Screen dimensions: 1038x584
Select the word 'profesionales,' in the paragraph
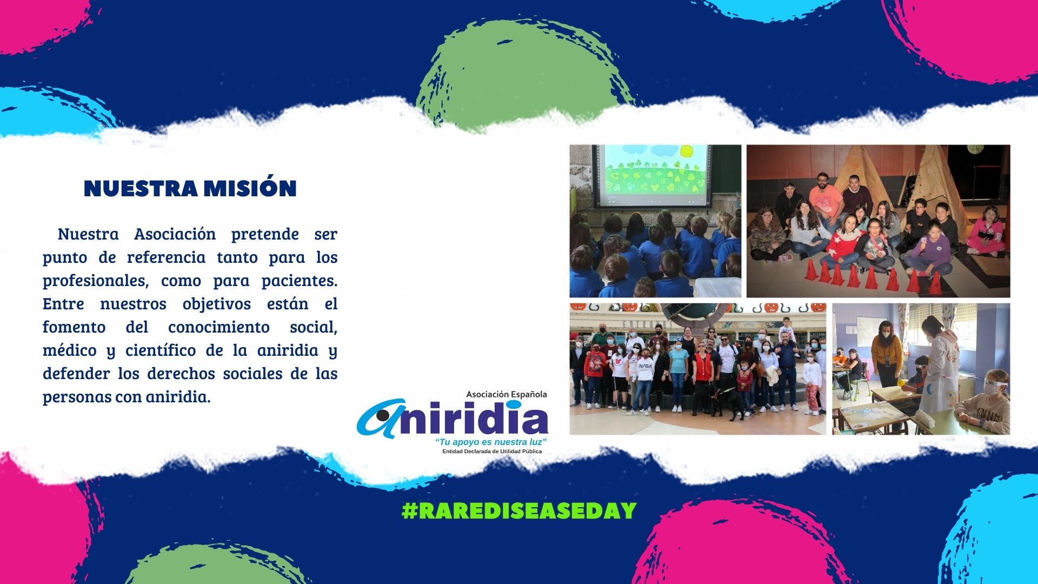(x=96, y=281)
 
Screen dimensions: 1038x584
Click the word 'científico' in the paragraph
(x=161, y=350)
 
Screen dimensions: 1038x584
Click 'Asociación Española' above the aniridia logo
(x=507, y=394)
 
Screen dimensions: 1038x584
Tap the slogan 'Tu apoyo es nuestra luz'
(x=491, y=442)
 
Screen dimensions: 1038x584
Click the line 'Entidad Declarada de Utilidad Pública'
(x=492, y=452)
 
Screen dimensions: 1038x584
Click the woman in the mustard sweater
(x=886, y=351)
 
